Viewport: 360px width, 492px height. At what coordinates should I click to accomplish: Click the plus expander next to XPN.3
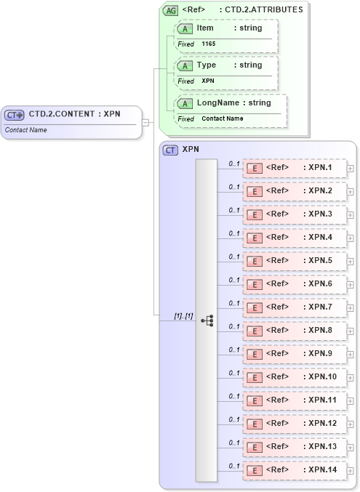click(351, 215)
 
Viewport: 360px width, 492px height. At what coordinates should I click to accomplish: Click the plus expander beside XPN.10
click(351, 378)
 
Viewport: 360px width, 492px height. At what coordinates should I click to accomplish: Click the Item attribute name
click(205, 28)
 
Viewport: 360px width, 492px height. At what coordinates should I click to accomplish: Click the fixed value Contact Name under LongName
click(222, 118)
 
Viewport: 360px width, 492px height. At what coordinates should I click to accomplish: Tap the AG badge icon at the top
click(170, 10)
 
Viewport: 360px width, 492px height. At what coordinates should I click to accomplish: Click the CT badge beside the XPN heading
click(171, 150)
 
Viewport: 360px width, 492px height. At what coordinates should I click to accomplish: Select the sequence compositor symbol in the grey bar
click(207, 319)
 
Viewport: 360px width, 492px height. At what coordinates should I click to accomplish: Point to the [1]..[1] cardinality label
click(183, 316)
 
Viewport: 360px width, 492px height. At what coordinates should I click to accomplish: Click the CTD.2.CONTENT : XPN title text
click(74, 114)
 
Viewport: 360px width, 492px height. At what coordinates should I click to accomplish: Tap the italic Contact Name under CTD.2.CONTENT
click(26, 130)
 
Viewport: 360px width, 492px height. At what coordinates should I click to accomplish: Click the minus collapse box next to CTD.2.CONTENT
click(145, 122)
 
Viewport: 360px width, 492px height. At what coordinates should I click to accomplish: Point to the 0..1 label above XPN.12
click(234, 419)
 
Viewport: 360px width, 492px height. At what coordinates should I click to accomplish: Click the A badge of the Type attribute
click(185, 65)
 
